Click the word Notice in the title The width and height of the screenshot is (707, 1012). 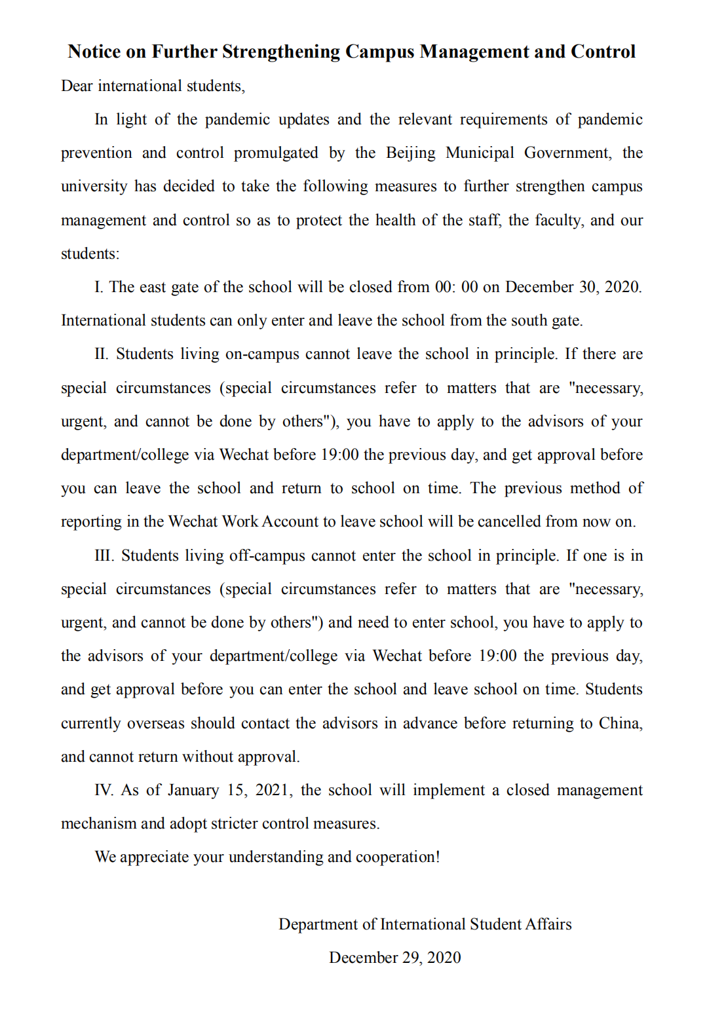coord(94,52)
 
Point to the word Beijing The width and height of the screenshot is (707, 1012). coord(411,153)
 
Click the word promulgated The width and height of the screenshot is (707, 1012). coord(276,153)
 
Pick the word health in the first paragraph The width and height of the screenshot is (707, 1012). coord(395,220)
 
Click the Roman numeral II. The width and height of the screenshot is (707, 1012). coord(102,354)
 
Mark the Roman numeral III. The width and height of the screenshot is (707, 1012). coord(104,555)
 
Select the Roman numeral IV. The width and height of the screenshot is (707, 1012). coord(104,790)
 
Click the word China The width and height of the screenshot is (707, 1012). coord(620,723)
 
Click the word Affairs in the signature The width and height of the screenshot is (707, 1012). coord(548,924)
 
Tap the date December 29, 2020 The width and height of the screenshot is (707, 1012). coord(395,958)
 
